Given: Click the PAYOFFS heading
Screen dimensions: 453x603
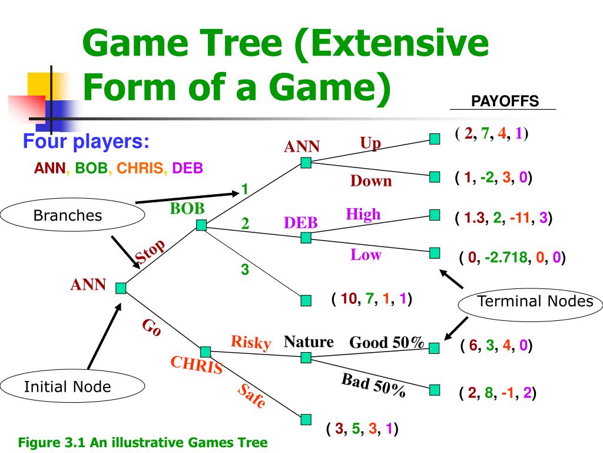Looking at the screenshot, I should pos(505,101).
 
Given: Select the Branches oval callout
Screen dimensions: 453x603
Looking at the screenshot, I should pos(67,216).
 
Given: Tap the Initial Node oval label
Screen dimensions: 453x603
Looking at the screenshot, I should pos(67,387).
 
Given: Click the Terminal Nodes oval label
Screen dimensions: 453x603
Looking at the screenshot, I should pos(535,301).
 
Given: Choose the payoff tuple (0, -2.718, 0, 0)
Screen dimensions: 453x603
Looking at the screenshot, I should pos(512,258).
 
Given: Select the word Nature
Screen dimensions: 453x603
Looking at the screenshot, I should pos(309,342).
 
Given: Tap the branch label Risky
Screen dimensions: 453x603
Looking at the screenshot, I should pos(251,342).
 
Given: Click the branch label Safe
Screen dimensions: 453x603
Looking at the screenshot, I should pos(252,396).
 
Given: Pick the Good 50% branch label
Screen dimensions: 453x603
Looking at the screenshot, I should pos(387,343).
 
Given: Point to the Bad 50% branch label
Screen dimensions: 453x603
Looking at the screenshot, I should pos(373,386).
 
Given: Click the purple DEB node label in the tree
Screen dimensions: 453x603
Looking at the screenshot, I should pos(301,223).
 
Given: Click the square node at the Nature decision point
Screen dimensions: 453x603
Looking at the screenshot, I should pos(306,357).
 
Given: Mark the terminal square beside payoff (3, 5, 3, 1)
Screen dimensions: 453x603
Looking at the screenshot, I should pos(306,419).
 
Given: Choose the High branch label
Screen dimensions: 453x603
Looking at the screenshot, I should pos(363,214).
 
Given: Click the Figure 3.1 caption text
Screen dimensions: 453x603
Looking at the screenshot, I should pos(143,442).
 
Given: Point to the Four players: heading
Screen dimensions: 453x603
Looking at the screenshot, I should pos(86,142).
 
